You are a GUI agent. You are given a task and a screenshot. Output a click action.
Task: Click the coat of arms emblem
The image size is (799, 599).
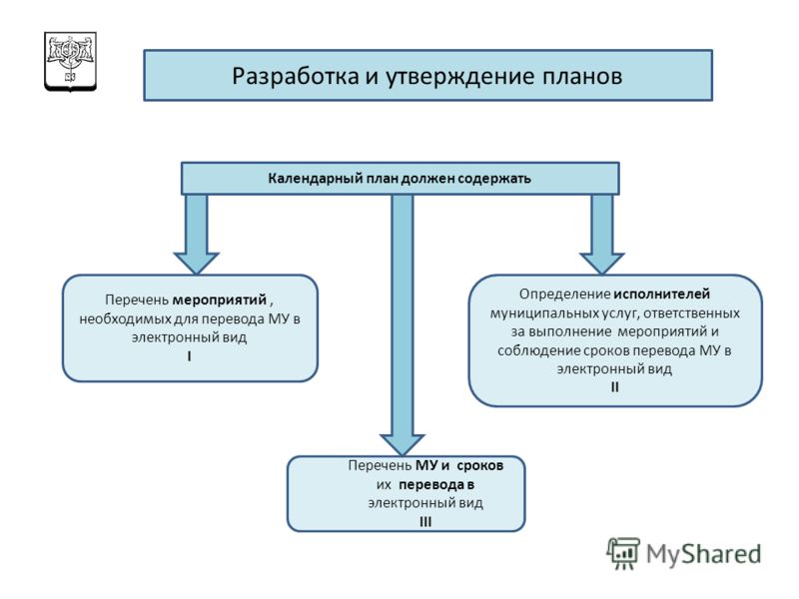tap(70, 62)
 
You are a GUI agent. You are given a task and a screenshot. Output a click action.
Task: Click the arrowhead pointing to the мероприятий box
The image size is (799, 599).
tap(196, 264)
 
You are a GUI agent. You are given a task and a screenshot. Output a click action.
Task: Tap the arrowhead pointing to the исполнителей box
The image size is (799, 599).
tap(602, 264)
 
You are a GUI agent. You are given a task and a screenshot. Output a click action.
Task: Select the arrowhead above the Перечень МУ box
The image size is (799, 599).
tap(402, 444)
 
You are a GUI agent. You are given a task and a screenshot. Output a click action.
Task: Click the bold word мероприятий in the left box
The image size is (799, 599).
tap(220, 299)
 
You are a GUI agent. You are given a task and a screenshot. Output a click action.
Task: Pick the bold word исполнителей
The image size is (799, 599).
tap(661, 294)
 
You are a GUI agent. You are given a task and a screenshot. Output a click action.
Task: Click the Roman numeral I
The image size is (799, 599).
tap(189, 356)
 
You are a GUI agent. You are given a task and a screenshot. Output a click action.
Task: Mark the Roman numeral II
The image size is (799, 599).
tap(614, 387)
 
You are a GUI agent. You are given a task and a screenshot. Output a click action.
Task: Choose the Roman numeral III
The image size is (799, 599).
tap(425, 521)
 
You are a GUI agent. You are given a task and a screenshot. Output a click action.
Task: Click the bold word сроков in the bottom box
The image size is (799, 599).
tap(480, 465)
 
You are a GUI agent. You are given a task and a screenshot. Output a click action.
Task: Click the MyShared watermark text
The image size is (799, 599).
tap(704, 554)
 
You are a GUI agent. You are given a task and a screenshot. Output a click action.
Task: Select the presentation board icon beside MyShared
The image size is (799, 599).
tap(623, 553)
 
